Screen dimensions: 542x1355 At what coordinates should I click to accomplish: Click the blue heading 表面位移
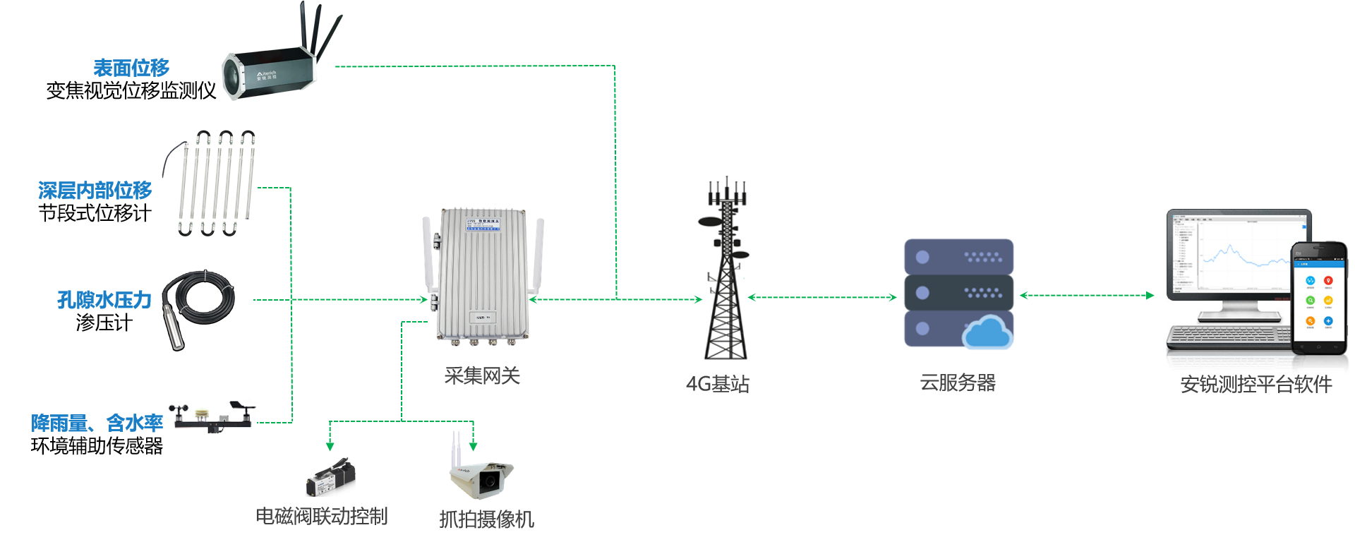(x=131, y=68)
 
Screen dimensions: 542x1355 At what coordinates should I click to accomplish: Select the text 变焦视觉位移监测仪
(x=131, y=91)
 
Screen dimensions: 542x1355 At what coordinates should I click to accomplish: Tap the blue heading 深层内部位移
(x=95, y=190)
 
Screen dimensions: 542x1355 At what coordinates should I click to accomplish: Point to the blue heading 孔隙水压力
(x=104, y=300)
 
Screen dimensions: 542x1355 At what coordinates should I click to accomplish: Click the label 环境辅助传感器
(x=97, y=446)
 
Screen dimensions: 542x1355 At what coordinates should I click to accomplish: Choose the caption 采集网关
(x=482, y=376)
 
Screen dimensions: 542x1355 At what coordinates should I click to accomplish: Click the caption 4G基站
(x=717, y=384)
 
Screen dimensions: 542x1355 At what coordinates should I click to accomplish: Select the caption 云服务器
(x=958, y=383)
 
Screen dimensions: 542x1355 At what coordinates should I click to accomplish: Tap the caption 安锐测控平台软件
(x=1256, y=385)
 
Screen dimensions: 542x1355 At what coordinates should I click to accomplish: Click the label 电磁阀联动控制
(x=321, y=517)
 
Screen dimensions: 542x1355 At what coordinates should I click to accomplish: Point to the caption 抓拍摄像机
(x=486, y=519)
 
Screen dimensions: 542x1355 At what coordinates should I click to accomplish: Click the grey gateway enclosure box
(x=483, y=275)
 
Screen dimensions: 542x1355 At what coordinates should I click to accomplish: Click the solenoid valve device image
(x=330, y=478)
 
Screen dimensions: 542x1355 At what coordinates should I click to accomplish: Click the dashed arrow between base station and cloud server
(x=822, y=297)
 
